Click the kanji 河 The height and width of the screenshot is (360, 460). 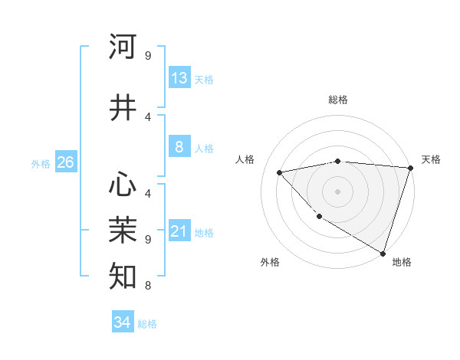(x=123, y=47)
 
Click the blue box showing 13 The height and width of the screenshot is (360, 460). (x=179, y=78)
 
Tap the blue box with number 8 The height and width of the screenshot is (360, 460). (x=179, y=148)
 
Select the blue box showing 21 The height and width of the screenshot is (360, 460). (x=179, y=231)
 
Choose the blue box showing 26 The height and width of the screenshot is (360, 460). (x=65, y=162)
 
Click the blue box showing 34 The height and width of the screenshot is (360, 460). (x=123, y=322)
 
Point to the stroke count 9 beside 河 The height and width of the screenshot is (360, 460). (x=147, y=55)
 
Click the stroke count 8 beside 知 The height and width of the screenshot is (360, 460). (x=147, y=286)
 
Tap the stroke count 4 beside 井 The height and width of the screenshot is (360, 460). (x=147, y=117)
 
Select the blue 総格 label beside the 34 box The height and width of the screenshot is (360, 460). (x=147, y=324)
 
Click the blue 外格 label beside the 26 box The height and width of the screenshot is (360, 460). (x=41, y=163)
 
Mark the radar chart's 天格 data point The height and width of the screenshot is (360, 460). (x=410, y=168)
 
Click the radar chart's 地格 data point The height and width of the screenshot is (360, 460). (x=383, y=253)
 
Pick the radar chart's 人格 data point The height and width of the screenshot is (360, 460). (x=280, y=172)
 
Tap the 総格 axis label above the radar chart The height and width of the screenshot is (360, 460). (x=337, y=100)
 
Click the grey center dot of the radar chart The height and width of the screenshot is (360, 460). (x=337, y=191)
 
